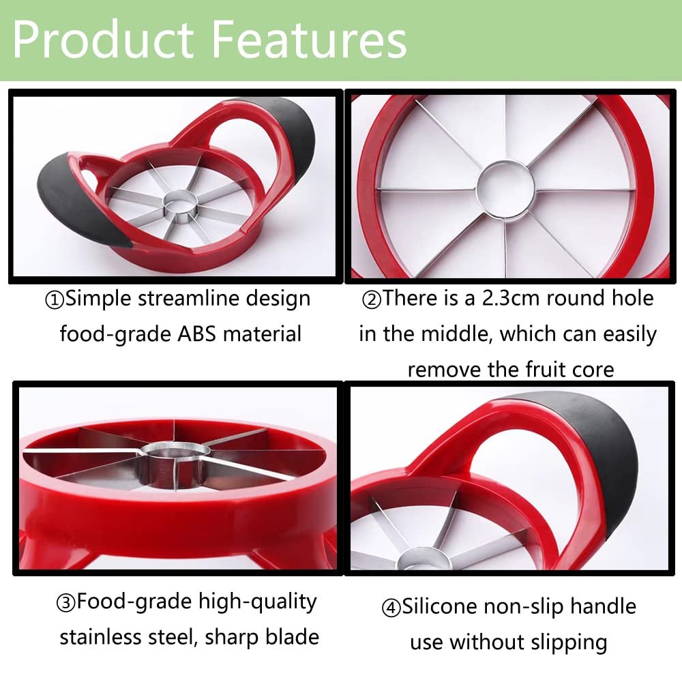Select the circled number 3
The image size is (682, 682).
(65, 604)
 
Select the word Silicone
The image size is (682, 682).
(440, 606)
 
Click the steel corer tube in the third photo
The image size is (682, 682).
(172, 468)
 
